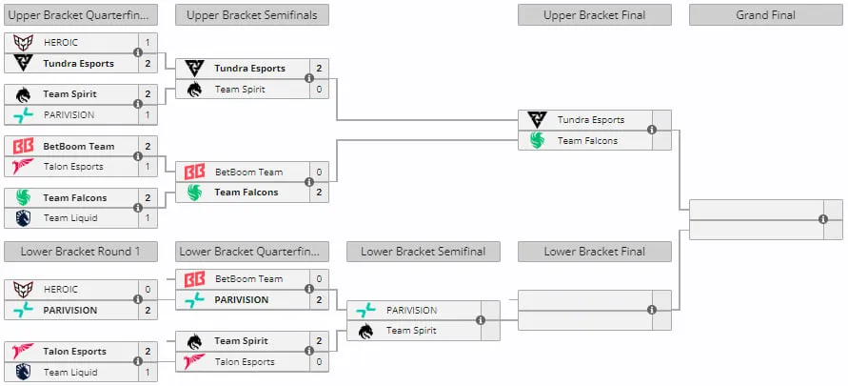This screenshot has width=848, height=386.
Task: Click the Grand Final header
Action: (766, 15)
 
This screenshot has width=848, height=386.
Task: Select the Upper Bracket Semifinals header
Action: (251, 15)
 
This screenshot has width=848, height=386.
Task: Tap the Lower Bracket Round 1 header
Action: (81, 252)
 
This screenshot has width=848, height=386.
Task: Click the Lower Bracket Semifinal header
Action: (423, 252)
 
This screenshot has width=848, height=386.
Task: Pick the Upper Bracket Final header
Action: (594, 15)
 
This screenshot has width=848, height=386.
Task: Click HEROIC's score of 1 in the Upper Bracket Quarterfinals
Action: (148, 42)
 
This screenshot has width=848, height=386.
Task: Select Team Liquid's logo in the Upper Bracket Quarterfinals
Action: (23, 218)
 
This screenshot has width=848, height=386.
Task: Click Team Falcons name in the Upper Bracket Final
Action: (588, 141)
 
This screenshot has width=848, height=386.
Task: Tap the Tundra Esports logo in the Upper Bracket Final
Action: (537, 120)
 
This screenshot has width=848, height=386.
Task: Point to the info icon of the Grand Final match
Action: (823, 219)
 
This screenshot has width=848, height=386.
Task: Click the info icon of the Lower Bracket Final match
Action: (652, 310)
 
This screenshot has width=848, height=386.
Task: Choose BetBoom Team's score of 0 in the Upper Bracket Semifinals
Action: (319, 173)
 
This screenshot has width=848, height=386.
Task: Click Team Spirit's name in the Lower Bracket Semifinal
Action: (412, 330)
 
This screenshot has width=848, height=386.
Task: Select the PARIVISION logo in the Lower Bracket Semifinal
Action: (365, 310)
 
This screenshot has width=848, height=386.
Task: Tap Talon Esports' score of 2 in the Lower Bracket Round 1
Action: (148, 352)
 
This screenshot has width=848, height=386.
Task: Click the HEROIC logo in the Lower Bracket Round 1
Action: (23, 290)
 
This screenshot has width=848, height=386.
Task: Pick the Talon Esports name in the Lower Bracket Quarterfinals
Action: (244, 361)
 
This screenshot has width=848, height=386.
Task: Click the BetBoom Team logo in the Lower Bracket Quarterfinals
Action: (195, 279)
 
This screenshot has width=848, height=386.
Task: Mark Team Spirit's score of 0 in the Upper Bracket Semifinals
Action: (319, 90)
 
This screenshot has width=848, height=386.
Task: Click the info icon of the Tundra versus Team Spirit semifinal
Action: (308, 78)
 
